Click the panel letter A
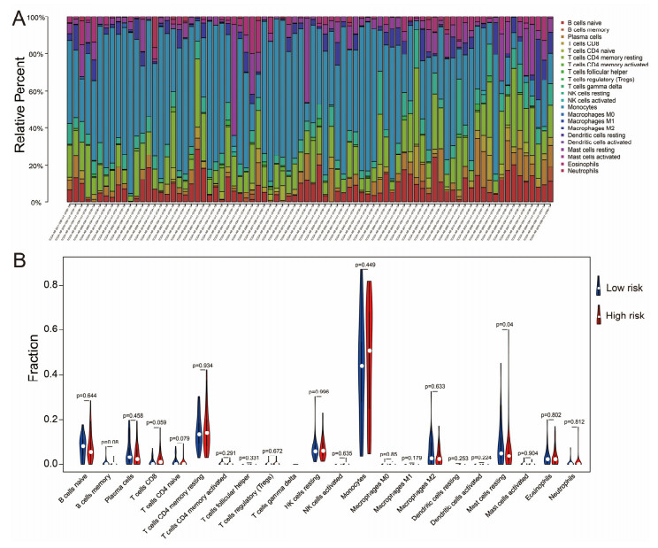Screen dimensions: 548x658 (18, 19)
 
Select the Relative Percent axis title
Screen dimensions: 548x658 (21, 110)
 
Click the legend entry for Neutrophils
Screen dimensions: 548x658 (587, 170)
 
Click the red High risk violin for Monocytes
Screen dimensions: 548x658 (370, 354)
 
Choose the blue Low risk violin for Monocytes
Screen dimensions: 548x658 (361, 354)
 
